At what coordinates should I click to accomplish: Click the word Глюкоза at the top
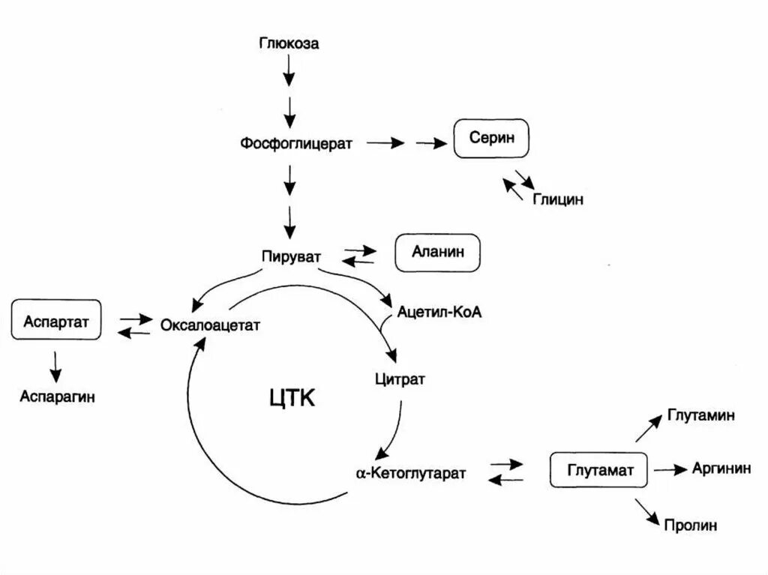[x=289, y=43]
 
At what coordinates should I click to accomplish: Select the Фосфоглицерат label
[x=296, y=142]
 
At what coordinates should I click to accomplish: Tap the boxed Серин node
[x=490, y=139]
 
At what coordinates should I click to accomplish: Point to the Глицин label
[x=558, y=199]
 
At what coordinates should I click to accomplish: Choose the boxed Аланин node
[x=437, y=253]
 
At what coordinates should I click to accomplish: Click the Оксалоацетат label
[x=210, y=325]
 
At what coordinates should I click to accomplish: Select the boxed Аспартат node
[x=55, y=321]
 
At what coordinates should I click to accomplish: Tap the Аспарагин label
[x=57, y=396]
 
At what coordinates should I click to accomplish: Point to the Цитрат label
[x=400, y=379]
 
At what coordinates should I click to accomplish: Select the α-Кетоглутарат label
[x=411, y=473]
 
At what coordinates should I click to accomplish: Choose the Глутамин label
[x=700, y=415]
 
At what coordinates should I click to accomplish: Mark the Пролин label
[x=691, y=526]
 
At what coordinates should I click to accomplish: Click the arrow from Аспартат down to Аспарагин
[x=55, y=366]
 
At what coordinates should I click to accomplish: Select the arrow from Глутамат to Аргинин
[x=670, y=470]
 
